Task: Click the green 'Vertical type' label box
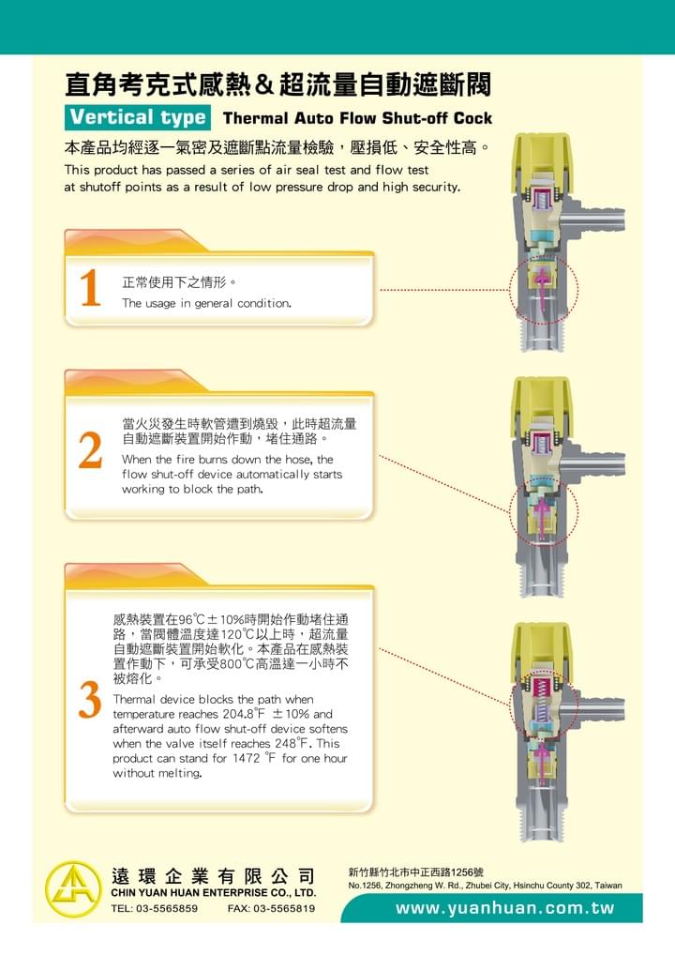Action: (x=138, y=117)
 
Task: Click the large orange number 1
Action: (x=90, y=287)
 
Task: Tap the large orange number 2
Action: (x=90, y=450)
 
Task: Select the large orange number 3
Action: (x=90, y=700)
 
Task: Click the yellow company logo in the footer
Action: (x=73, y=889)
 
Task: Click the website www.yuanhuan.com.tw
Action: (x=504, y=908)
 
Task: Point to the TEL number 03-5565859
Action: (x=154, y=908)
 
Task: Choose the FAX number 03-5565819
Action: (x=272, y=908)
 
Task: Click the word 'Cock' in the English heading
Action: (x=472, y=118)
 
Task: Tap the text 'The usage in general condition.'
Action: (x=206, y=303)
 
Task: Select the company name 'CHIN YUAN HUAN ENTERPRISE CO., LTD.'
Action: (x=214, y=893)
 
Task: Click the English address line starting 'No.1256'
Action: (x=485, y=886)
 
